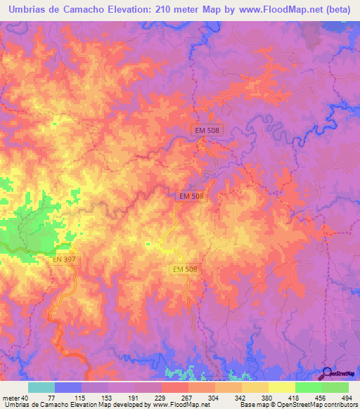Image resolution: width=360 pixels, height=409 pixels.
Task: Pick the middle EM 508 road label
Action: (x=191, y=197)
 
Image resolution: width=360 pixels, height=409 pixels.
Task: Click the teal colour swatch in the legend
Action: (x=41, y=387)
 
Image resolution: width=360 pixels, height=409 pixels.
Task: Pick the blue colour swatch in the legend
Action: (x=68, y=387)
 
